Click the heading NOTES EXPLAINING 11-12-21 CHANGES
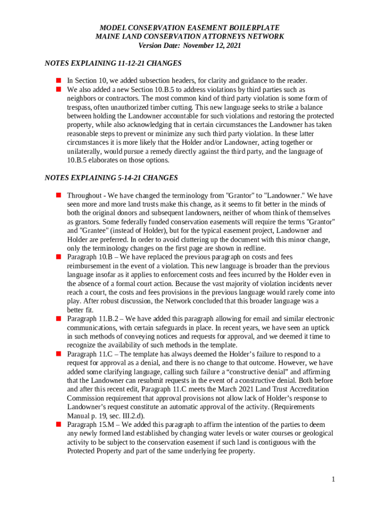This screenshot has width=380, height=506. click(113, 63)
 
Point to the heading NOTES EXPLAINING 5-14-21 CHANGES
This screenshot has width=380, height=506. click(111, 177)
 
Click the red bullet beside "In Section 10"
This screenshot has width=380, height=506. click(58, 80)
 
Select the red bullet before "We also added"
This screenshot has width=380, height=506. click(58, 89)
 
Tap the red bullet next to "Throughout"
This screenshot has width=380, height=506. click(58, 195)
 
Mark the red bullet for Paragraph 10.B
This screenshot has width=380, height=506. click(58, 257)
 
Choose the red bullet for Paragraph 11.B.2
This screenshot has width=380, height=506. click(58, 319)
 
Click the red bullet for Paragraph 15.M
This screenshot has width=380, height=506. click(58, 424)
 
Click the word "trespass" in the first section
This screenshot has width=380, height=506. click(80, 107)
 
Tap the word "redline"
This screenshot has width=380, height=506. click(254, 248)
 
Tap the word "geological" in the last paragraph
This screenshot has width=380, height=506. click(313, 433)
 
